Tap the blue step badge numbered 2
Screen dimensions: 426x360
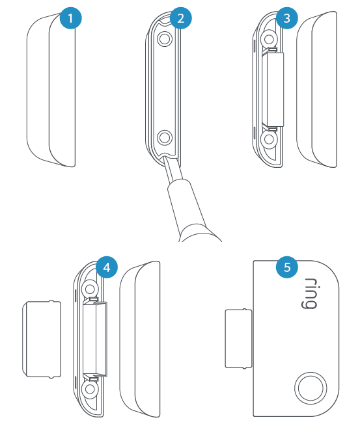coord(180,18)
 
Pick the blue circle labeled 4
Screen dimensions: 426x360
coord(107,267)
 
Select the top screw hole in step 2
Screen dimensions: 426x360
coord(165,40)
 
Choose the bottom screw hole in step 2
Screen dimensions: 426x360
coord(165,137)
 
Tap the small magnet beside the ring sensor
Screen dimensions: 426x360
coord(238,339)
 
